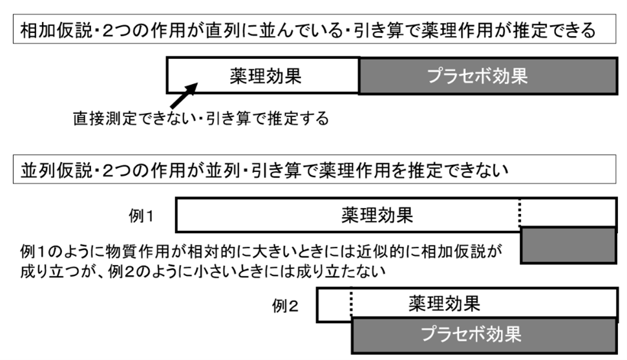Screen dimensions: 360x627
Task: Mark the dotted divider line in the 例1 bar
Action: pyautogui.click(x=520, y=215)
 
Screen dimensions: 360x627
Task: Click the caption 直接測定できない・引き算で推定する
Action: pyautogui.click(x=201, y=119)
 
